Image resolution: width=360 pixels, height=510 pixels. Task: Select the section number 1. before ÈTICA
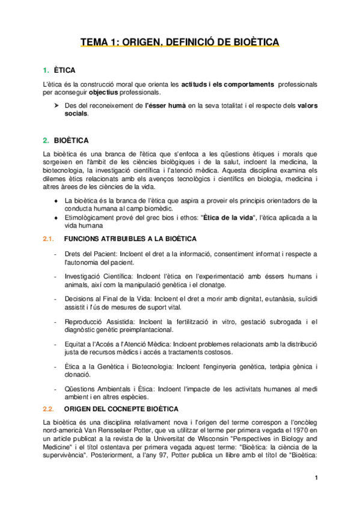[46, 70]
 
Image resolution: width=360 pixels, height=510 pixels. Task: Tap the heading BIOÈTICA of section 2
[71, 141]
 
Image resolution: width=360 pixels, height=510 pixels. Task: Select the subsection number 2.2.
[48, 408]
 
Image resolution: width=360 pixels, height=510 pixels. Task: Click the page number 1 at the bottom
[316, 478]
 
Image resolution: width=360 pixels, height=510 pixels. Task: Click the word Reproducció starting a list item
[84, 321]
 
